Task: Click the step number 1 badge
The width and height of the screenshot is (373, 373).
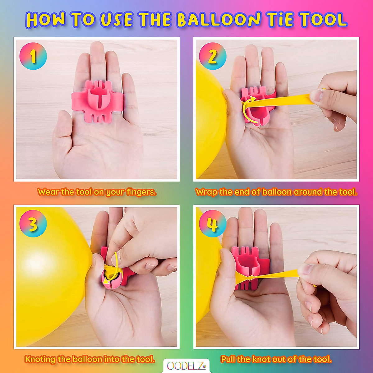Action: click(33, 56)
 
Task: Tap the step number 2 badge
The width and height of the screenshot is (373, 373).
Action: click(213, 56)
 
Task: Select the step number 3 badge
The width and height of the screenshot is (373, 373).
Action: click(33, 223)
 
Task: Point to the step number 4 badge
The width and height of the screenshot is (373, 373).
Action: click(213, 223)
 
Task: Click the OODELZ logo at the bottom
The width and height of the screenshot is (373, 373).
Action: click(186, 366)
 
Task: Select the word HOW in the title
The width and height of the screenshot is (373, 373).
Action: click(46, 20)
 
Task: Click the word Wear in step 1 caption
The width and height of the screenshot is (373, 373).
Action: click(48, 192)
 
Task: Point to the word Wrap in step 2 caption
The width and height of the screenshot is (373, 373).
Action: click(206, 192)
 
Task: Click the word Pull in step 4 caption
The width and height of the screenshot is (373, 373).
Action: click(228, 359)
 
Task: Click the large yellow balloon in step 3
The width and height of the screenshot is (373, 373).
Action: click(47, 274)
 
